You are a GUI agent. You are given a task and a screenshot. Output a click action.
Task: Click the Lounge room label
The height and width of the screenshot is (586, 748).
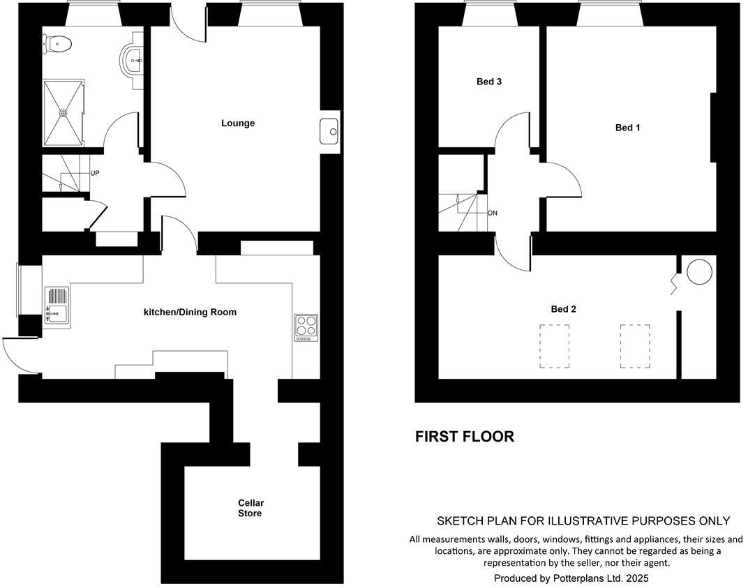pos(238,123)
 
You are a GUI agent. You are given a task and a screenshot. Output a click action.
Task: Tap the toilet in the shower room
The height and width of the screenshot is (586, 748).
pos(59,45)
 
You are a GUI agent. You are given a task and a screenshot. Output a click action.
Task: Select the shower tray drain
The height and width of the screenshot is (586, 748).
pos(63,112)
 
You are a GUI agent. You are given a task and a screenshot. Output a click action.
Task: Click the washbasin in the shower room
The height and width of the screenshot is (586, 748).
pos(133,61)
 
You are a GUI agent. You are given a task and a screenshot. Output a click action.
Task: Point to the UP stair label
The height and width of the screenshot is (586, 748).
pos(94,173)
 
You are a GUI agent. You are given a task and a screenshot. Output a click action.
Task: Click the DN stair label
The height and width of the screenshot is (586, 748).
pos(493,213)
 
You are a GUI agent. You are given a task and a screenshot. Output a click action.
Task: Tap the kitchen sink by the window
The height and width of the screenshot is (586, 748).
pos(56,306)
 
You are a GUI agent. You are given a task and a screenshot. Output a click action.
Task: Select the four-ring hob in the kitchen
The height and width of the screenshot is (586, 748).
pos(306,328)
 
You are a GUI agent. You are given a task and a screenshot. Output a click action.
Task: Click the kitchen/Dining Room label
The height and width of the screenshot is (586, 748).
pos(190,312)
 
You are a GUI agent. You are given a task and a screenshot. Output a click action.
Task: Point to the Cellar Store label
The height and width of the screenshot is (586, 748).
pos(250,508)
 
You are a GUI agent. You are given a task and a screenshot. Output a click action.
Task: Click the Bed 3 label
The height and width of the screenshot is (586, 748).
pos(489,82)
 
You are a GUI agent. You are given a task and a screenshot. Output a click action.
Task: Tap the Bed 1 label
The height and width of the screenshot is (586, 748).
pos(627,128)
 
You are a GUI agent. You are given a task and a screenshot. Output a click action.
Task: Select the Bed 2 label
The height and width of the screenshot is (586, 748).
pos(564,309)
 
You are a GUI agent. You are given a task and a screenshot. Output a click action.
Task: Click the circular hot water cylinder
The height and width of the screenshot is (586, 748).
pos(700,272)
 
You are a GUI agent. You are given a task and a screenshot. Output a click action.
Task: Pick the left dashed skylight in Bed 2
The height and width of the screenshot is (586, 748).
pos(554,346)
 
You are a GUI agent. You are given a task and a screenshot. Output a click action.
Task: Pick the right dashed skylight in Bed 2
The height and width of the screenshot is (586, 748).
pos(635,346)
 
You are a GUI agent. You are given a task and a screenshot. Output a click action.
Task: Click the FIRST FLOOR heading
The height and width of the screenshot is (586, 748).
pos(465,437)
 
